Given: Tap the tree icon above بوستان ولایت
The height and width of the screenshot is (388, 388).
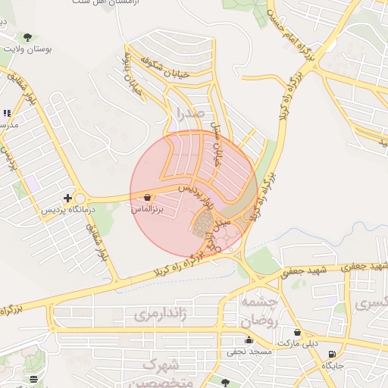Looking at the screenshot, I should [x=28, y=36].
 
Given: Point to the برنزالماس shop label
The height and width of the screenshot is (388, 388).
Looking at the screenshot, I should [x=147, y=207].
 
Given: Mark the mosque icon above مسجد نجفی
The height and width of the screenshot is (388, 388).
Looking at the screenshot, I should [x=249, y=340].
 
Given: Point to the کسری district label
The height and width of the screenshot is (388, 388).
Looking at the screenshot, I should [x=371, y=305].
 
